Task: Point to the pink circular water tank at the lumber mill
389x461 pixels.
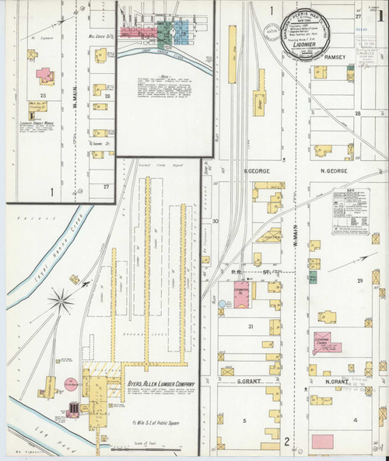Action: [x=70, y=384]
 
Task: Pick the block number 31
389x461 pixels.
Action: [x=251, y=327]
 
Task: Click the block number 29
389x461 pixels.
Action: [x=359, y=280]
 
